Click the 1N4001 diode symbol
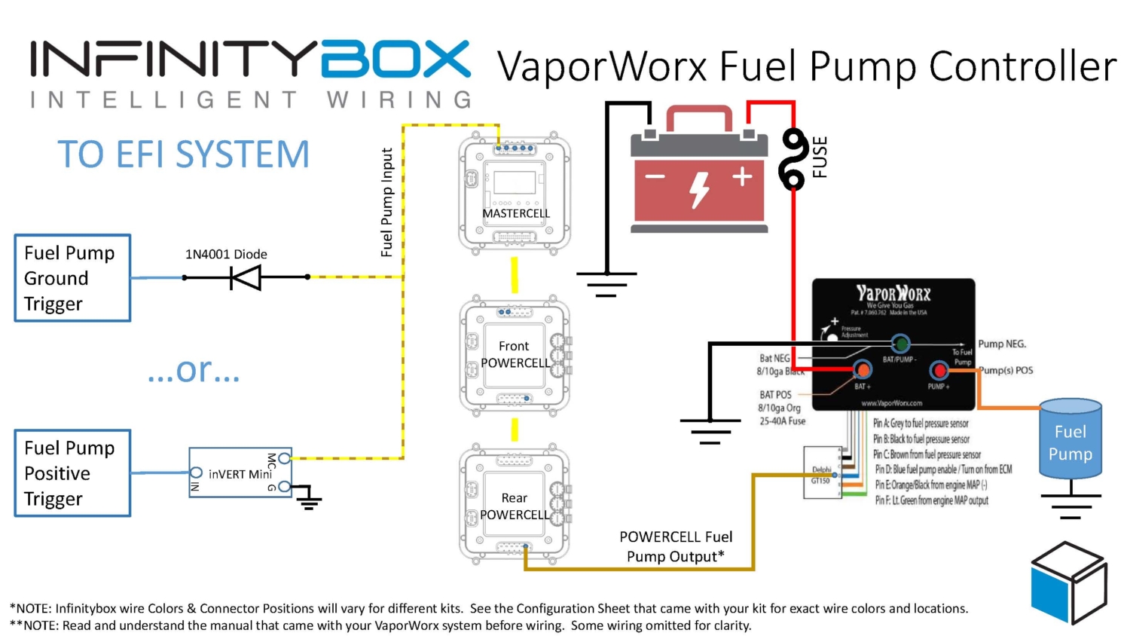[246, 277]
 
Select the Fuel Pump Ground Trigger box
[72, 278]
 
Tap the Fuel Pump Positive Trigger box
[72, 473]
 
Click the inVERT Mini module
[240, 473]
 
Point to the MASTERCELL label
[516, 213]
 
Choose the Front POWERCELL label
[515, 354]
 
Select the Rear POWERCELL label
[515, 506]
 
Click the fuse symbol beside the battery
[793, 159]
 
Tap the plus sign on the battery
[743, 177]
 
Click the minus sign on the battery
[655, 177]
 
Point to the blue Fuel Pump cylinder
[1070, 441]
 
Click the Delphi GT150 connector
[820, 474]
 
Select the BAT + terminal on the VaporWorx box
[862, 370]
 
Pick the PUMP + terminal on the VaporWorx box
[939, 370]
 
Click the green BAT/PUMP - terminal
[900, 344]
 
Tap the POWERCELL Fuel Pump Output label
[675, 546]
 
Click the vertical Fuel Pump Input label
[386, 202]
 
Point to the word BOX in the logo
[395, 60]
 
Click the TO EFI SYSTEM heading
[183, 154]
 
